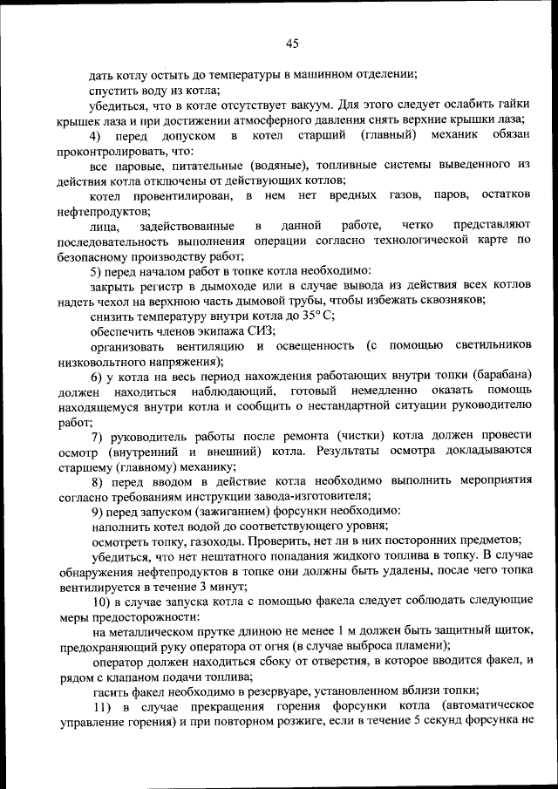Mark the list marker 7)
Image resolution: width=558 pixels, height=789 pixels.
pos(99,436)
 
